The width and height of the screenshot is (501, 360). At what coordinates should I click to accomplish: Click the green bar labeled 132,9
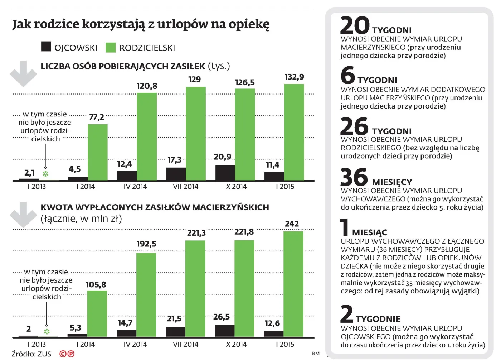coord(294,132)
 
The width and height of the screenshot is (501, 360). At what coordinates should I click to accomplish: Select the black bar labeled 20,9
coord(225,173)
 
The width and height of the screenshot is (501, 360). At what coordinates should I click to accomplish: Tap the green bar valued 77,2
coord(98,152)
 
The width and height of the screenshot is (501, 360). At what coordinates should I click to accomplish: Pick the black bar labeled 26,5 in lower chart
coord(224,331)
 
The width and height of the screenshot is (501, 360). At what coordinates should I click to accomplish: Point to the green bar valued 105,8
coord(97,313)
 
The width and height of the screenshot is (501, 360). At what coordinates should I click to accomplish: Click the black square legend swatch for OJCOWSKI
coord(46,47)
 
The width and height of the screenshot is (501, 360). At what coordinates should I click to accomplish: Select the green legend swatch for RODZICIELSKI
coord(111,47)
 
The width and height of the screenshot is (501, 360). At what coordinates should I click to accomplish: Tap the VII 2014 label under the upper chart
coord(185,187)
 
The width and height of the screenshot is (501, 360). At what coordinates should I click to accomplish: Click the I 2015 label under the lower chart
coord(285,344)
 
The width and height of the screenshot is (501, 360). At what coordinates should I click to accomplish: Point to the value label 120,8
coord(147,86)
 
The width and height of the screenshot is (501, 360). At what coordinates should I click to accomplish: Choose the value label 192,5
coord(146,244)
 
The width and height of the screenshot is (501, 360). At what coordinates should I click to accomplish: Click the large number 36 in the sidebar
coord(354,177)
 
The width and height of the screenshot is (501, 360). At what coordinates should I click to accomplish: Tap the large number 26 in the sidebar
coord(354,126)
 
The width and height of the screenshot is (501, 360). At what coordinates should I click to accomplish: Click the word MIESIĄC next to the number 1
coord(369,232)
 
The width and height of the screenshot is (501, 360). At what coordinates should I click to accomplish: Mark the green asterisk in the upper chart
coord(45,174)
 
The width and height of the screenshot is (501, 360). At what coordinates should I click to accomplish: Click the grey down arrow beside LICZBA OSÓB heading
coord(23,74)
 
